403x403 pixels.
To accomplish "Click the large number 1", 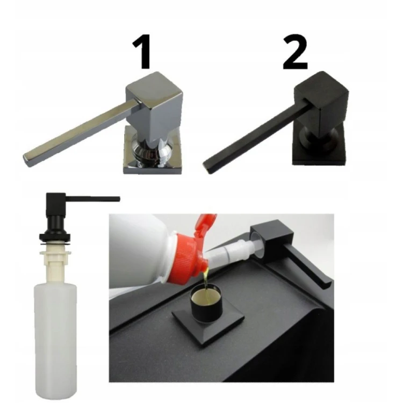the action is click(142, 52).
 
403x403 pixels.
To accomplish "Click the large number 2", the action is click(295, 52).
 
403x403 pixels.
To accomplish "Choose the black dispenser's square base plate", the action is click(319, 154).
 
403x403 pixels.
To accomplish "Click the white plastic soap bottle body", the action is click(55, 339).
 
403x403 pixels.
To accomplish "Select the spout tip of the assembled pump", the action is click(118, 199).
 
